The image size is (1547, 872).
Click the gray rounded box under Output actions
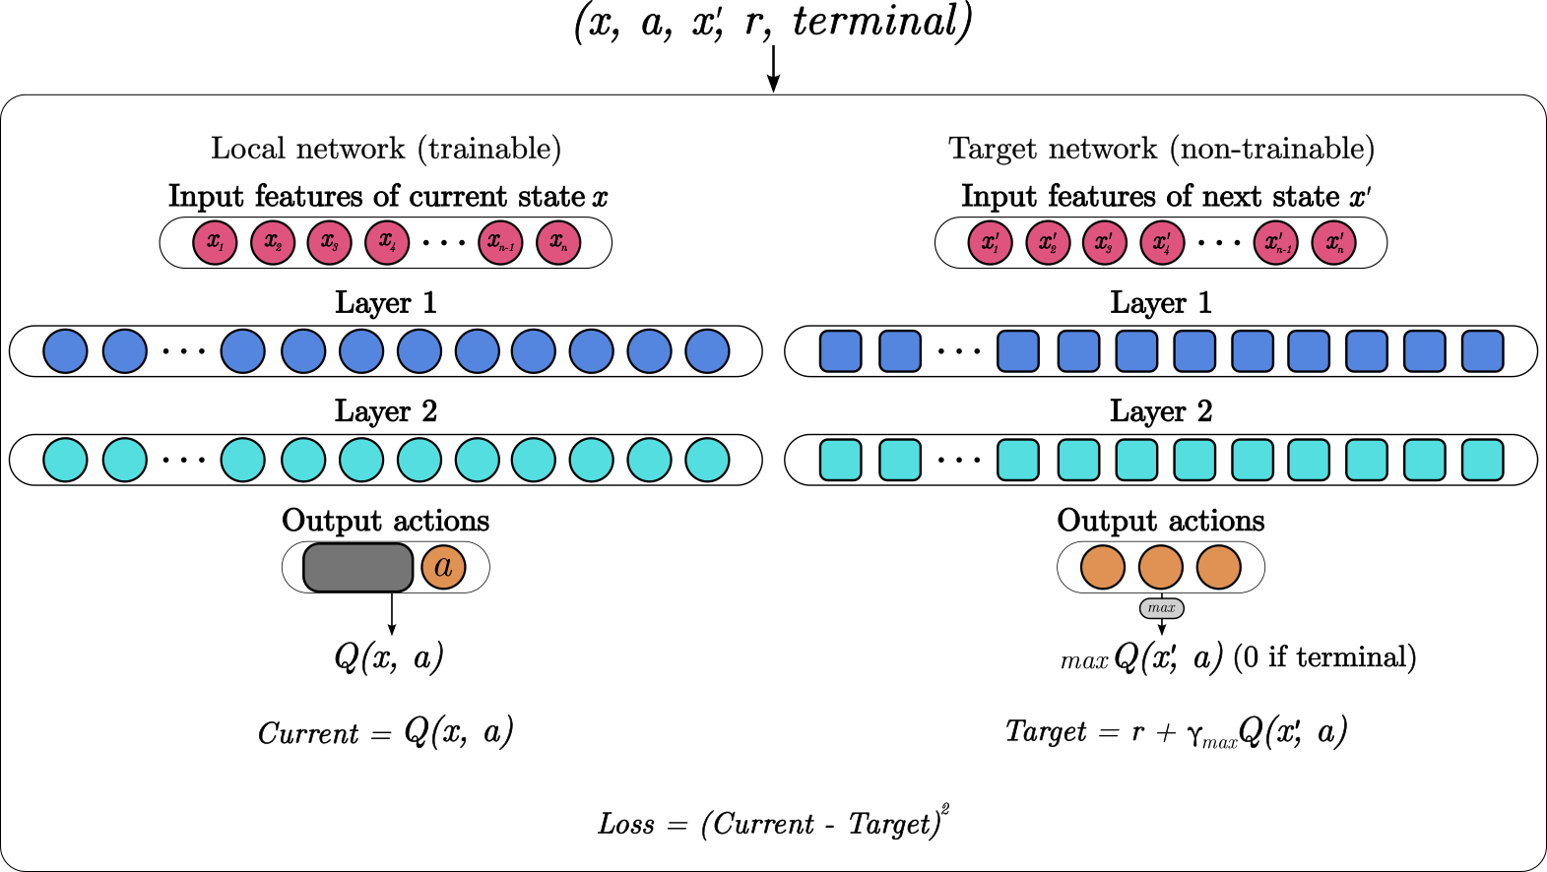pos(357,567)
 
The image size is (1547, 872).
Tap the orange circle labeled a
pos(443,567)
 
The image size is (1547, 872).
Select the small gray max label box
pos(1161,608)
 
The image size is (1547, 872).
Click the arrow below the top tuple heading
pos(774,69)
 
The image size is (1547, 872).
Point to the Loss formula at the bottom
pos(773,823)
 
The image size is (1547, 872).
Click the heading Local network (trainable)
pos(386,149)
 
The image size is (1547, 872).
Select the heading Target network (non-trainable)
pos(1161,149)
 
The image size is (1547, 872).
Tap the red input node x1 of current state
pos(215,242)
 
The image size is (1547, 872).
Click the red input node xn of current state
pos(558,242)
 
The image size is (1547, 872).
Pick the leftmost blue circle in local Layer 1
pos(65,351)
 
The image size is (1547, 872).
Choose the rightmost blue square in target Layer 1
pos(1482,351)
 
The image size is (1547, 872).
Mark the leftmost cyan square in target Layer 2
pos(840,460)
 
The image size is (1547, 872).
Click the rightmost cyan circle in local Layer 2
pos(707,460)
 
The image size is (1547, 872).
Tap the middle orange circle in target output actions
pos(1161,568)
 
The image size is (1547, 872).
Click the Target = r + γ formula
pos(1176,732)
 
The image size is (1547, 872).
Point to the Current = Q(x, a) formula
pos(386,732)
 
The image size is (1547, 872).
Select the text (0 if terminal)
pos(1324,657)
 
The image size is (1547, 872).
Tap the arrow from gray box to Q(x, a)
pos(392,614)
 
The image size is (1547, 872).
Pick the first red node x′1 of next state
pos(990,242)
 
